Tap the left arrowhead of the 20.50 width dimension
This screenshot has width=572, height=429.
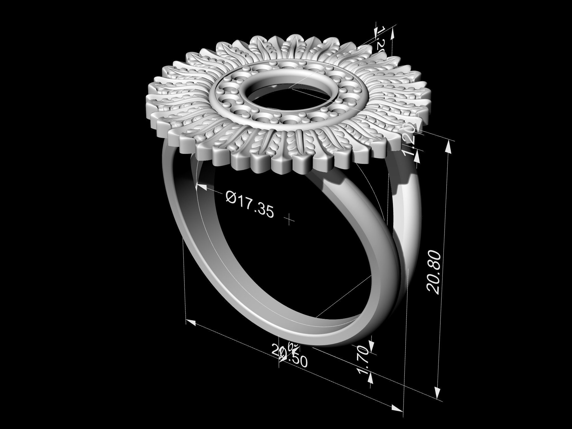tap(191, 323)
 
